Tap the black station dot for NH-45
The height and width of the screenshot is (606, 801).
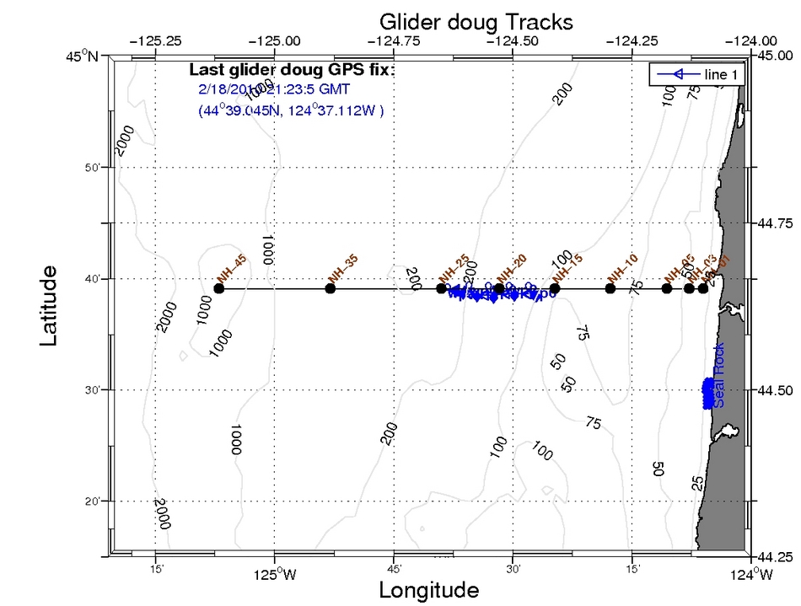click(219, 288)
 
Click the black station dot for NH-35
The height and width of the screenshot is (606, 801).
click(331, 288)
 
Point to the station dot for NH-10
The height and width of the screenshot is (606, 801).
click(610, 288)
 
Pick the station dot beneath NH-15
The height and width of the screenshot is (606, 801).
click(554, 288)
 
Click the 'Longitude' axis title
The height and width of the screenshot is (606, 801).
click(429, 589)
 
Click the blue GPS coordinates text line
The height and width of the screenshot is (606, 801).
click(291, 110)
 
